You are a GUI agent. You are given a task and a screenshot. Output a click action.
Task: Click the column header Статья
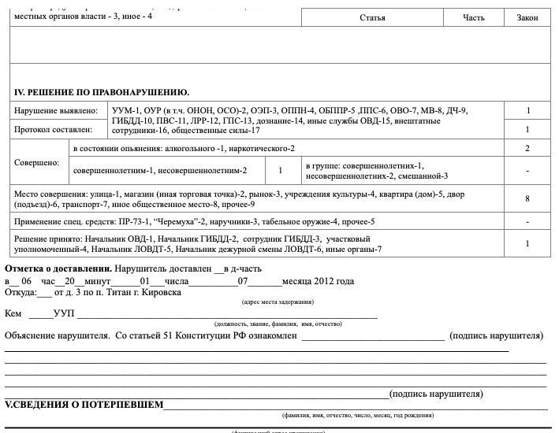[x=372, y=17]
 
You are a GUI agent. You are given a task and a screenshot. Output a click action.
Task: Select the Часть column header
[x=474, y=17]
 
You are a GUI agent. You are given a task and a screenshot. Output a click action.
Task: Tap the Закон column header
[x=527, y=17]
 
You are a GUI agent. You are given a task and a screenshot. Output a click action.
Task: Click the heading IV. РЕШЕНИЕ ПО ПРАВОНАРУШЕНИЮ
[x=102, y=92]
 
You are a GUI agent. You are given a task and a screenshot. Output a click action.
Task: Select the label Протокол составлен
[x=53, y=129]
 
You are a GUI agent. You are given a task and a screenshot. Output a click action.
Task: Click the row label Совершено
[x=37, y=163]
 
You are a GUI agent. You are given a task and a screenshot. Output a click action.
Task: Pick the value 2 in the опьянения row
[x=527, y=148]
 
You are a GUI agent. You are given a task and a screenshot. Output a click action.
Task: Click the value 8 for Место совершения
[x=527, y=199]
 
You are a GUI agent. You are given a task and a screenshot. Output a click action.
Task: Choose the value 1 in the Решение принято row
[x=527, y=244]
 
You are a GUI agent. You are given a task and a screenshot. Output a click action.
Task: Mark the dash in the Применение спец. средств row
[x=527, y=222]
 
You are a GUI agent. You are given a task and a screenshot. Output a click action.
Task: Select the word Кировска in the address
[x=163, y=292]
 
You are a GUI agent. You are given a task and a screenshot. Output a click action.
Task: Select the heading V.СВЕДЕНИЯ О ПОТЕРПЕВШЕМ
[x=84, y=405]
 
